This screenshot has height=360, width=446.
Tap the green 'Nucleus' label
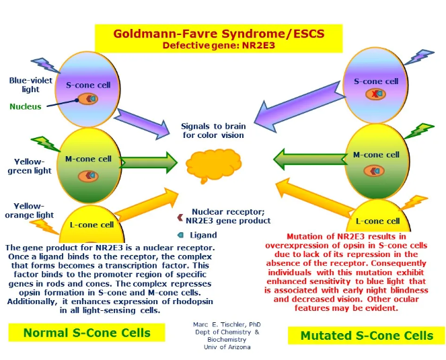(26, 106)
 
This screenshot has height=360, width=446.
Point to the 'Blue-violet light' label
(26, 85)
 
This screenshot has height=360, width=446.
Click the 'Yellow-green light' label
(29, 166)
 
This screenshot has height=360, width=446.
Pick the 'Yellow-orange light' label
(29, 211)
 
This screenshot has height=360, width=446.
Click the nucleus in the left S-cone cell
(88, 99)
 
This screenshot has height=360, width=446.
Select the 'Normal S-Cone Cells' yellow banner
(87, 332)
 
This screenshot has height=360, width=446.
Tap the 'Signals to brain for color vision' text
(213, 131)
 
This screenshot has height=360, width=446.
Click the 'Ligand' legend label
(203, 235)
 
